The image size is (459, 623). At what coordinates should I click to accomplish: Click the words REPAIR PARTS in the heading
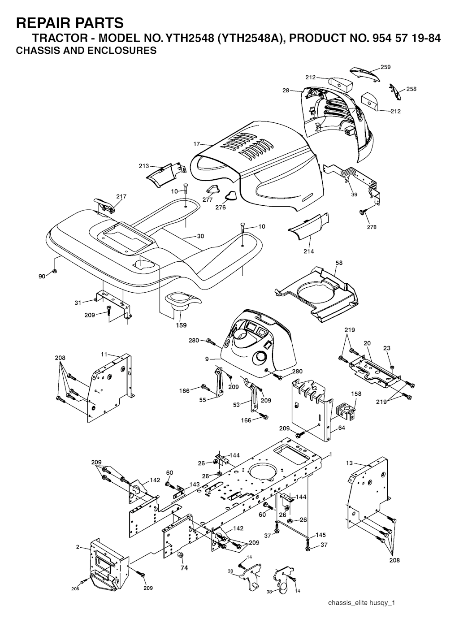(x=69, y=22)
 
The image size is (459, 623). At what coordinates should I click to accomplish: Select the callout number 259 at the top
(x=385, y=67)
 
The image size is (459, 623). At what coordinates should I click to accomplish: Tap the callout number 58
(x=339, y=263)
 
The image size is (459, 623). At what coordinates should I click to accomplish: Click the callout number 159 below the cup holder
(x=181, y=325)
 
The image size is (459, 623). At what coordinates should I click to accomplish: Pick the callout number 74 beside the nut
(x=184, y=568)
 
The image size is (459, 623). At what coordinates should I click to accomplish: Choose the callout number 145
(x=320, y=535)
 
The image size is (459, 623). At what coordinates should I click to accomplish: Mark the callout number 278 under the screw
(x=372, y=227)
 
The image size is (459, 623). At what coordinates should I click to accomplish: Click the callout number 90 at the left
(x=42, y=277)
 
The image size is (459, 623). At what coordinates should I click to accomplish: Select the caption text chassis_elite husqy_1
(x=361, y=602)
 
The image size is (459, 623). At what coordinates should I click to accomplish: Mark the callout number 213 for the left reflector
(x=144, y=166)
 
